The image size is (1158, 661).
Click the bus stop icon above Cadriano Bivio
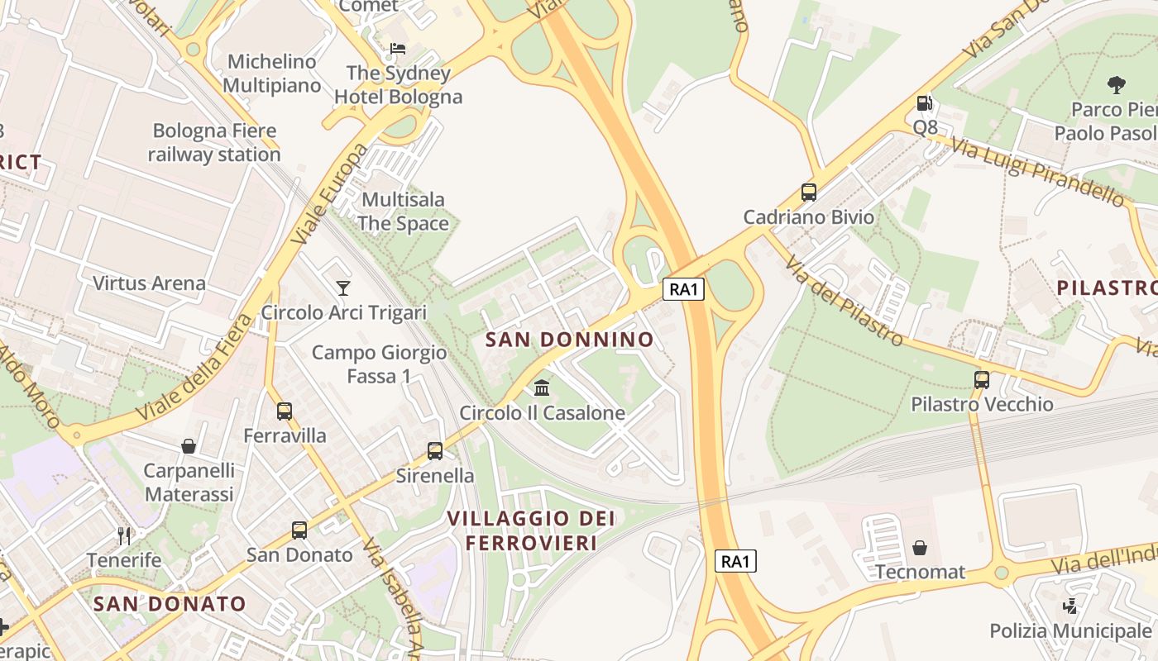click(x=809, y=193)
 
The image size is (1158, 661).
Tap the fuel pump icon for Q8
click(x=925, y=103)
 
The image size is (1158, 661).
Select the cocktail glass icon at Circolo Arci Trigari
click(x=343, y=288)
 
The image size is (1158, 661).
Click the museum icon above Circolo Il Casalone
click(x=542, y=388)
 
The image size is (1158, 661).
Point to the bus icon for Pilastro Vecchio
click(x=982, y=380)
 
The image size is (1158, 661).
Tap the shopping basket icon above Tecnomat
click(x=919, y=548)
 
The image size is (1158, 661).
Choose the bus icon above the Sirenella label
click(x=435, y=451)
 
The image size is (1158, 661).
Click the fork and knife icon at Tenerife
click(x=124, y=535)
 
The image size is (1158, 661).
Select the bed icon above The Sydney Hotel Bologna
click(x=398, y=49)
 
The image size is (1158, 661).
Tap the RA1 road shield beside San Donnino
click(x=683, y=289)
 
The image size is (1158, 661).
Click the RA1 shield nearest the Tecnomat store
click(x=735, y=562)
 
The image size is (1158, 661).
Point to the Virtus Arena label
click(x=149, y=283)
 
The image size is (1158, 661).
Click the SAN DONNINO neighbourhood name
click(x=569, y=340)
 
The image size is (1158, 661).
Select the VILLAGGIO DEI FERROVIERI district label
click(x=531, y=530)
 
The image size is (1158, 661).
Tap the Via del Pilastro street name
click(x=843, y=301)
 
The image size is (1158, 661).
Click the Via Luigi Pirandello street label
click(x=1037, y=172)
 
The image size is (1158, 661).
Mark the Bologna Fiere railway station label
click(x=214, y=142)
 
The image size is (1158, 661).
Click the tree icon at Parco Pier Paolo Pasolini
click(x=1116, y=84)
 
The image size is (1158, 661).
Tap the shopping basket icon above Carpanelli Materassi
click(x=189, y=446)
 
